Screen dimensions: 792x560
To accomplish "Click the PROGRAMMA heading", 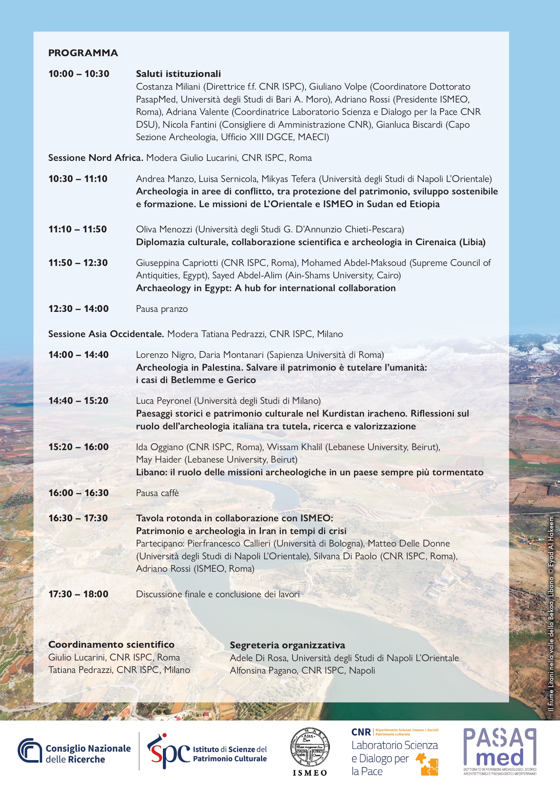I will tap(83, 53).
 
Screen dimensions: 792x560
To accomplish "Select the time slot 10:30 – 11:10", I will tap(78, 179).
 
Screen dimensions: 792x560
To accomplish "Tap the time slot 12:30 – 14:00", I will tap(78, 309).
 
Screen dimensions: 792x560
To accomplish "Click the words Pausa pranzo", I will tap(162, 309).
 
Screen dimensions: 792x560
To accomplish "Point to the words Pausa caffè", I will tap(157, 493).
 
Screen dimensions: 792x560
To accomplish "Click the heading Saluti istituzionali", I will tap(178, 73).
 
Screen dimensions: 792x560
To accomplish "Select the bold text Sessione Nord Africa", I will tap(95, 158).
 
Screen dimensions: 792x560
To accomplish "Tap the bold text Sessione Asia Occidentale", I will tap(106, 334).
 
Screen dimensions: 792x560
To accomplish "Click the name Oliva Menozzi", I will tap(164, 229).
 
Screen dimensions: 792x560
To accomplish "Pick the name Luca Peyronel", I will tap(163, 401).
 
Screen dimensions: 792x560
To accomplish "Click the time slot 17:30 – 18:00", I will tap(78, 594).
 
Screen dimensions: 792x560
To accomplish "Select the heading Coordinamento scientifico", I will tap(111, 645).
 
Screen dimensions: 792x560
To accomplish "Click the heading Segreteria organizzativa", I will tap(287, 645).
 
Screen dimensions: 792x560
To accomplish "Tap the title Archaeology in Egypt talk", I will tap(266, 288).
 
